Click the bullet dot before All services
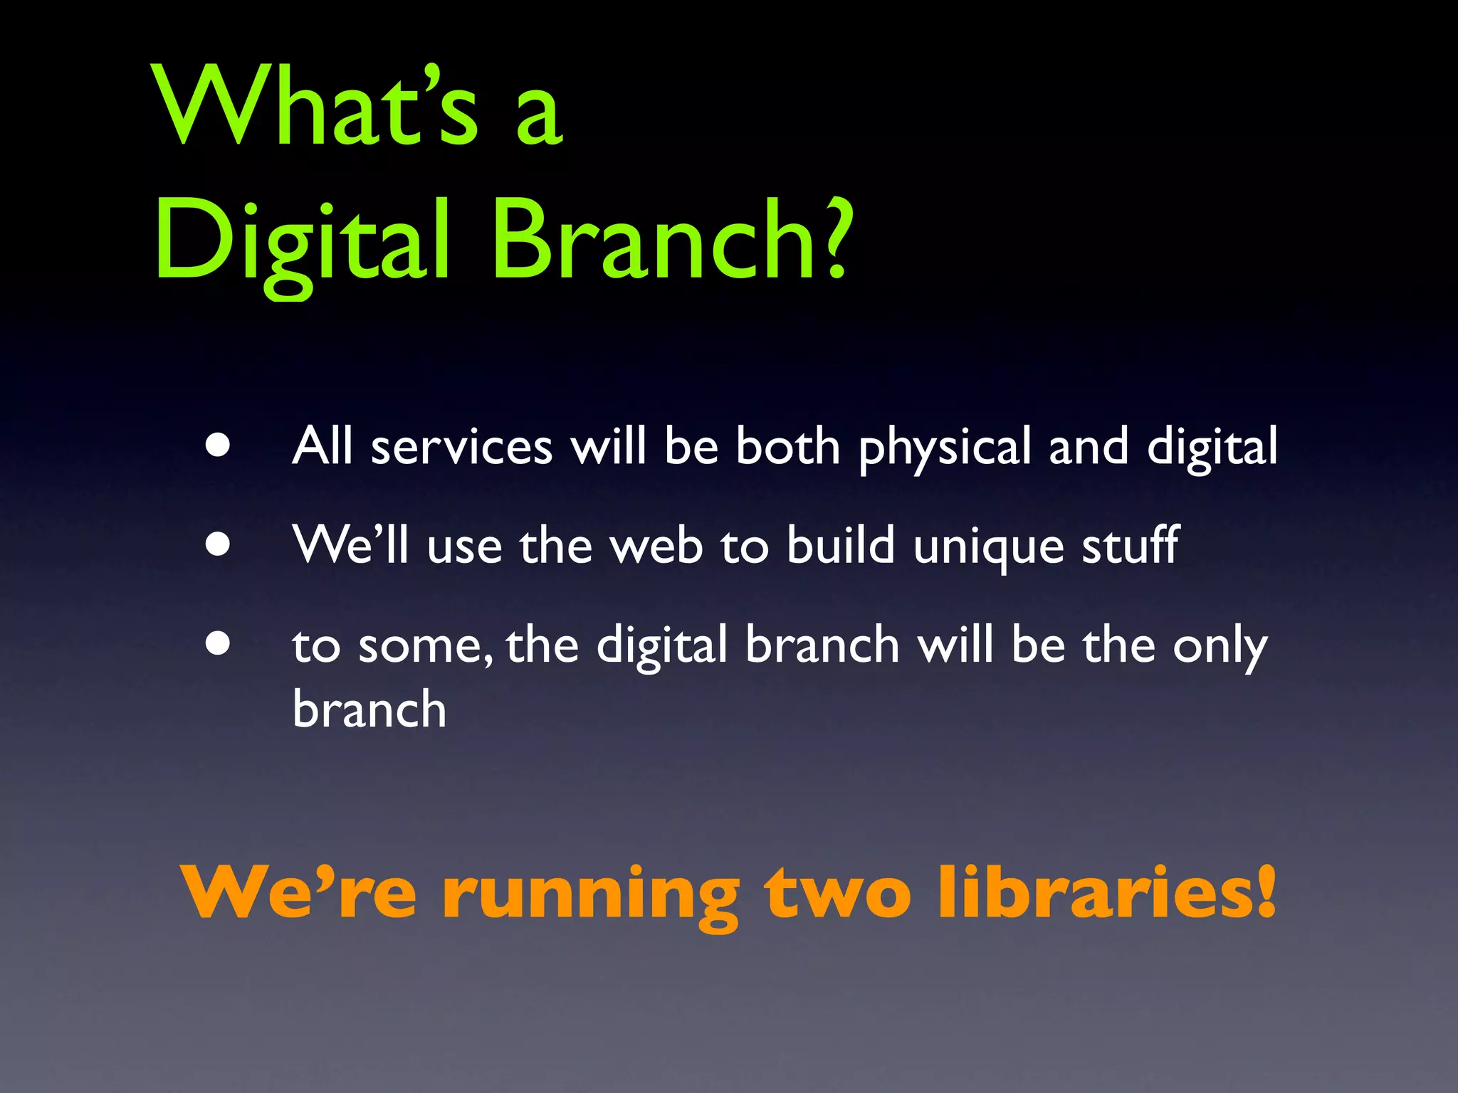[x=218, y=445]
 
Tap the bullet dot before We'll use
[x=218, y=544]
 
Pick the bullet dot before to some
[x=218, y=643]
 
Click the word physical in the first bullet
[x=944, y=448]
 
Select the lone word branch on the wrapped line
[x=369, y=709]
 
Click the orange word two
[x=837, y=893]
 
